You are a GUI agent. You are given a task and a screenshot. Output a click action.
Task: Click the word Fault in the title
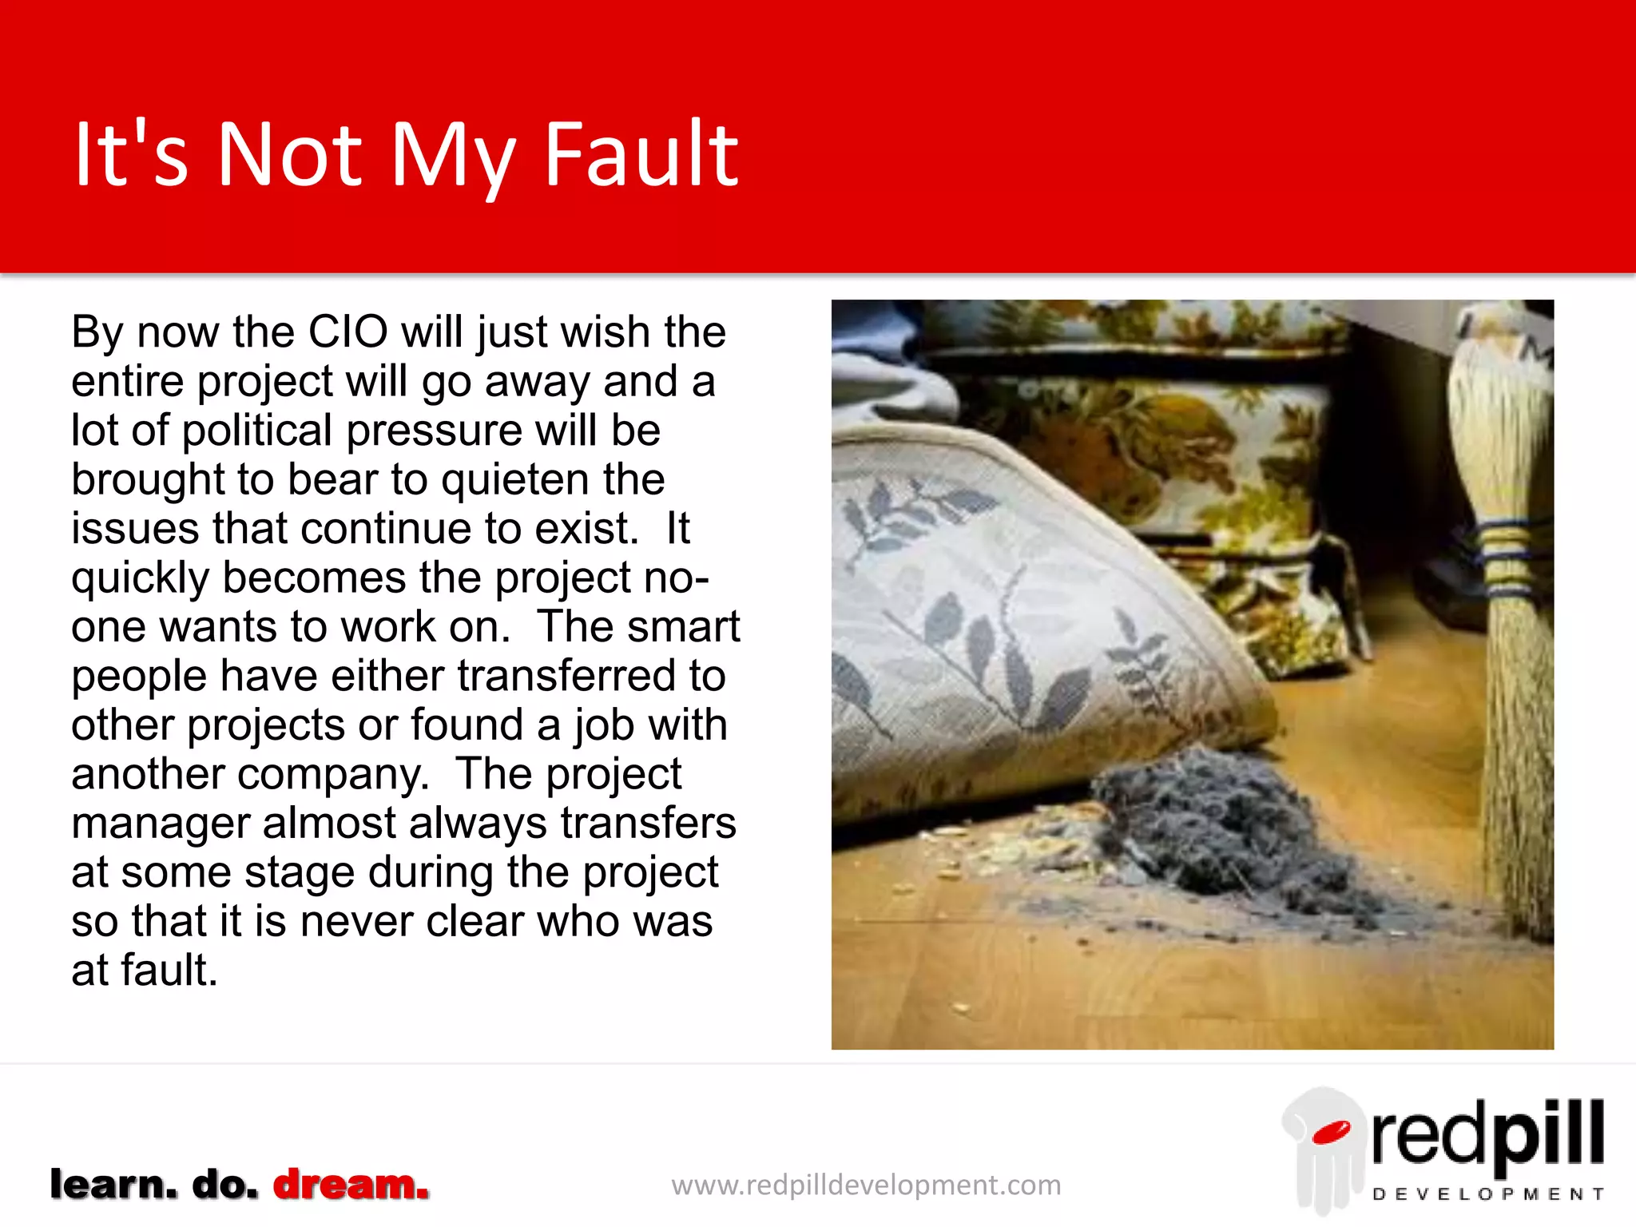point(641,154)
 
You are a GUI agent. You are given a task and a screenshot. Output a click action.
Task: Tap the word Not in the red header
point(289,154)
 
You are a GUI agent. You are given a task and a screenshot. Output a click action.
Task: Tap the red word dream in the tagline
point(351,1184)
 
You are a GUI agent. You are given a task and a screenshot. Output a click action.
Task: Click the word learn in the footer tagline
point(113,1184)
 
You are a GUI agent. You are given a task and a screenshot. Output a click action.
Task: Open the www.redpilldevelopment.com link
point(866,1185)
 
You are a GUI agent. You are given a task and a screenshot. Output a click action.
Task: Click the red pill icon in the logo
point(1330,1133)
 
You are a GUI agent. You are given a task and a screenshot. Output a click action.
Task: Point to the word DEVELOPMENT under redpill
point(1487,1194)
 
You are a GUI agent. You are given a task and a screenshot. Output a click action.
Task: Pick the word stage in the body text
point(304,873)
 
